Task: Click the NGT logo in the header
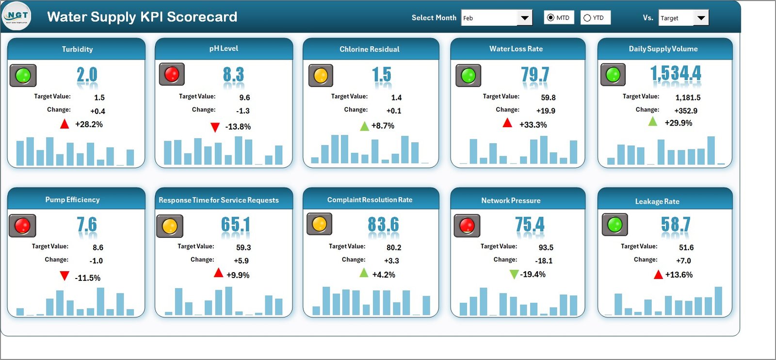(x=17, y=16)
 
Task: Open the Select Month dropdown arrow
(x=524, y=18)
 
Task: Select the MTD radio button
(x=550, y=18)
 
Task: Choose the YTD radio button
(x=587, y=18)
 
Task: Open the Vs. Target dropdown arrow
(x=701, y=18)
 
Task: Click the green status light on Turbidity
(x=23, y=75)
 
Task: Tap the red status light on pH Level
(x=172, y=74)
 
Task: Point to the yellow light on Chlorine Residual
(x=321, y=76)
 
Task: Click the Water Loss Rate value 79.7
(x=535, y=75)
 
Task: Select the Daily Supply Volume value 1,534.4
(x=676, y=74)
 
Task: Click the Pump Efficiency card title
(x=72, y=199)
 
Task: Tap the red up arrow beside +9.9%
(x=219, y=273)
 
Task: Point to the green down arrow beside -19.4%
(x=514, y=275)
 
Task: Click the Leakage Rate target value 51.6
(x=686, y=247)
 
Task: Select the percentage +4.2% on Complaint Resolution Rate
(x=384, y=275)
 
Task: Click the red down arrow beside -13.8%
(x=215, y=127)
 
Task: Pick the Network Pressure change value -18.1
(x=544, y=261)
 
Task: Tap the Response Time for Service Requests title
(x=219, y=200)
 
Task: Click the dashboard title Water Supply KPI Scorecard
(x=142, y=17)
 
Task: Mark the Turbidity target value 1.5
(x=99, y=98)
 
